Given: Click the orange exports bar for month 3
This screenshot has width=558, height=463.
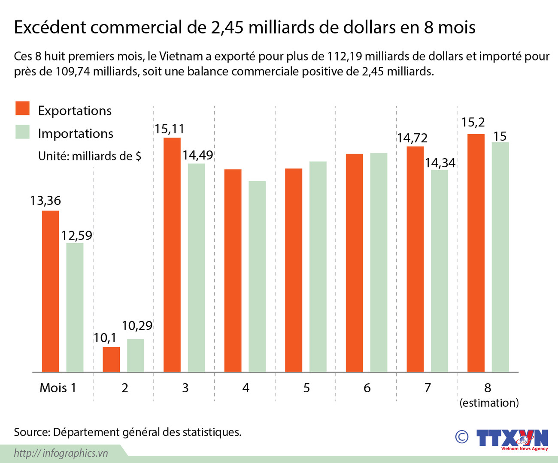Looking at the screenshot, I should [x=172, y=255].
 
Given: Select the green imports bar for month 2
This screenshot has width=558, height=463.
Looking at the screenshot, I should [x=136, y=355].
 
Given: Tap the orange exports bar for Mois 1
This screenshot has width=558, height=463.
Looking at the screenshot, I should [x=50, y=291].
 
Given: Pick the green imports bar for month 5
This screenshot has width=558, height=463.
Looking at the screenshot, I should [x=318, y=267].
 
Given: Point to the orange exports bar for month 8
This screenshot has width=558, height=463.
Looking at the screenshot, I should [x=476, y=253].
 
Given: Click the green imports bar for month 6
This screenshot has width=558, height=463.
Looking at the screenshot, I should [x=379, y=262].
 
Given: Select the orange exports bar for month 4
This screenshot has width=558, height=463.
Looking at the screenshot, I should [x=233, y=271].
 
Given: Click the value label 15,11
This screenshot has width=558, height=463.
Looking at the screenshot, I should [x=169, y=129].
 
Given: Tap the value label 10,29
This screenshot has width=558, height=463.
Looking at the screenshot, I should [x=137, y=326].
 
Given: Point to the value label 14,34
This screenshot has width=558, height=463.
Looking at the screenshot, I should [x=440, y=163].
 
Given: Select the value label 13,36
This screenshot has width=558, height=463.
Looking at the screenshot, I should [x=45, y=201].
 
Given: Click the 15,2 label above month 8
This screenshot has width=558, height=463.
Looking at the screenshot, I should [x=473, y=123].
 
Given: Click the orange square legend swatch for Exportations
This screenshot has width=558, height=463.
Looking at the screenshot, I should [x=22, y=108].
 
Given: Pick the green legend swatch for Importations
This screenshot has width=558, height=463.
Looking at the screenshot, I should [x=22, y=132].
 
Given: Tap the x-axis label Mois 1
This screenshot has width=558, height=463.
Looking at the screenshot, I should [x=58, y=388].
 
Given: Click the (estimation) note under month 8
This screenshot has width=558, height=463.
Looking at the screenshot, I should [x=489, y=403].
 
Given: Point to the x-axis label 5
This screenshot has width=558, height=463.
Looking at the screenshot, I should [x=306, y=388].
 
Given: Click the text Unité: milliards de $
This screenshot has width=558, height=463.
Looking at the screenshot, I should [x=89, y=156].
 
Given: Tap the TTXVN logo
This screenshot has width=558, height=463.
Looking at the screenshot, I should [x=512, y=439].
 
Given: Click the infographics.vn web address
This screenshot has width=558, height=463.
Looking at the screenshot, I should [x=61, y=453].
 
